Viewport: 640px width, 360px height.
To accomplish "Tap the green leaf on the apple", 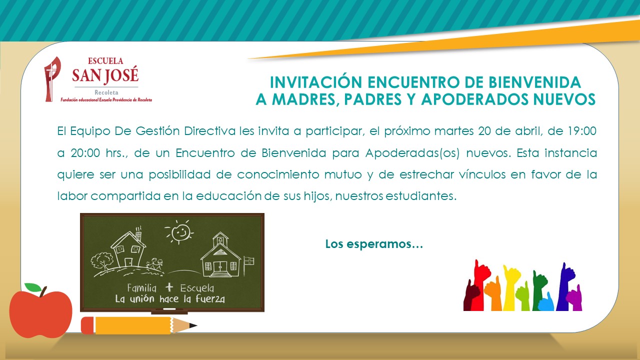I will click(x=33, y=287).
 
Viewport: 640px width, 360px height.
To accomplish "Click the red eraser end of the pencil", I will click(x=87, y=325).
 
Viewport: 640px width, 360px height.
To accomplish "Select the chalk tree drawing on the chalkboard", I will click(x=103, y=260).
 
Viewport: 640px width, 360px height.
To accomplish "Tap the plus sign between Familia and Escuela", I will click(x=169, y=287).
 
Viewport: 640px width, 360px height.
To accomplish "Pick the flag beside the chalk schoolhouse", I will click(x=248, y=260).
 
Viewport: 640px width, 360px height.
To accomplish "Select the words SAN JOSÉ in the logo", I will click(x=105, y=75).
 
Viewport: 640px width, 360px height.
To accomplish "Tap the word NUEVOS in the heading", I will click(x=564, y=99).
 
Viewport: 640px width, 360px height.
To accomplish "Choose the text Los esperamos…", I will click(x=374, y=244).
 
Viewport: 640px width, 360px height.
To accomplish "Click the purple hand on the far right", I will click(x=575, y=295).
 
